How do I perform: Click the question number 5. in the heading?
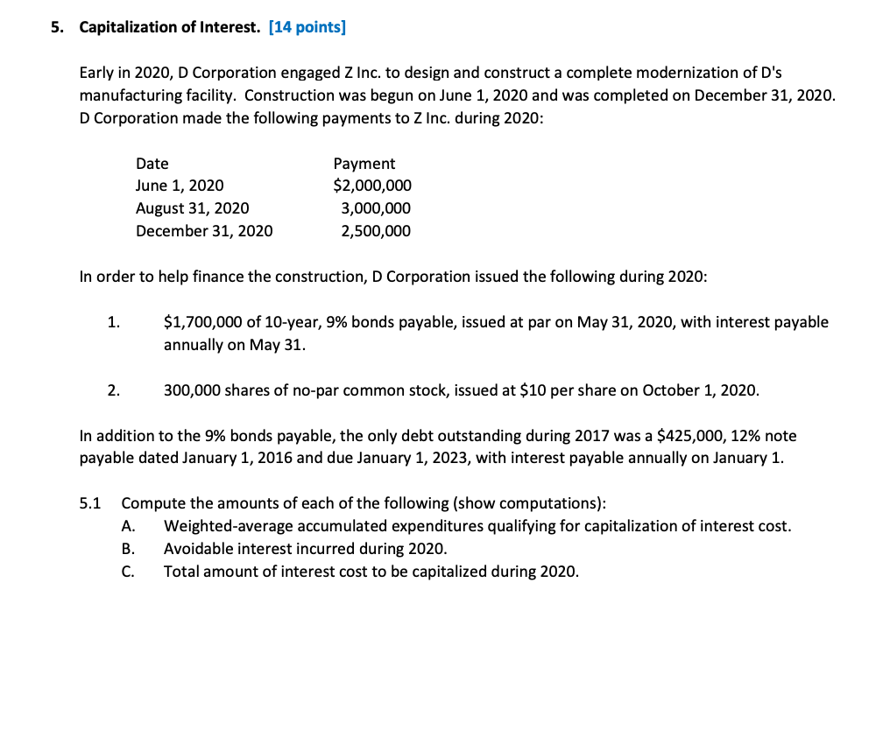(57, 27)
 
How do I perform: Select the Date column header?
(152, 164)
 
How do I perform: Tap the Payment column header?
(364, 164)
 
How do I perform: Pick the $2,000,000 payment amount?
(372, 186)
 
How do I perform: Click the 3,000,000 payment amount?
(376, 208)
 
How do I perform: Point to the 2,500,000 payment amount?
(376, 231)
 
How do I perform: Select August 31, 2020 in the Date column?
(192, 208)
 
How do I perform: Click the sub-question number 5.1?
(90, 503)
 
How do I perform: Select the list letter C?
(128, 572)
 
